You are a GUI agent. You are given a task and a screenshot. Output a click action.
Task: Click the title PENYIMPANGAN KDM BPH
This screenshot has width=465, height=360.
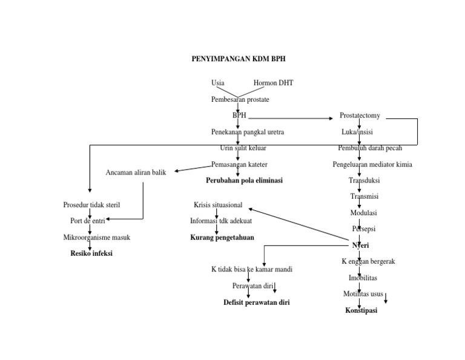coord(238,59)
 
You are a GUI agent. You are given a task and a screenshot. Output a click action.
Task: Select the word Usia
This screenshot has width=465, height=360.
coord(218,83)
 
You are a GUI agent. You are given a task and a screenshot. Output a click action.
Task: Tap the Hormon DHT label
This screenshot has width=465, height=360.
coord(273,83)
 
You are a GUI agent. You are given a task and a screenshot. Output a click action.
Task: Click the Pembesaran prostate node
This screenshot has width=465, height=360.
coord(240,99)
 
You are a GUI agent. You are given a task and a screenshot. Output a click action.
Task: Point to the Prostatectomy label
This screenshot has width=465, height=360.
coord(360,115)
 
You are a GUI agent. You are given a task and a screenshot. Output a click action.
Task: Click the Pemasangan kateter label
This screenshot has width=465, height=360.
coord(239,164)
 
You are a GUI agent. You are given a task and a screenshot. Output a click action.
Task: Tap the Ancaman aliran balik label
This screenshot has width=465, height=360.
coord(136,173)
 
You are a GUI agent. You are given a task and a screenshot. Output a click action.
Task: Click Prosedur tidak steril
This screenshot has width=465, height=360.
coord(91,205)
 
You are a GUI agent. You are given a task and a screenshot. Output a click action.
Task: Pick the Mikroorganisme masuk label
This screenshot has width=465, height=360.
coord(97,238)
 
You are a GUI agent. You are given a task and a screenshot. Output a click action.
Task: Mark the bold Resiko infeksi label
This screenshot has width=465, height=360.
coord(91,253)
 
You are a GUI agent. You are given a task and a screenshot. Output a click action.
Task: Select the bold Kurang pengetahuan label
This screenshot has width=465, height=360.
coord(222,238)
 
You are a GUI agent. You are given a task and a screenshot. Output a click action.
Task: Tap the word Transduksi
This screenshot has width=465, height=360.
coord(364,181)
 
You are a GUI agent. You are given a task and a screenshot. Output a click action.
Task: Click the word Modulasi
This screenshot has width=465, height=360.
coord(364,213)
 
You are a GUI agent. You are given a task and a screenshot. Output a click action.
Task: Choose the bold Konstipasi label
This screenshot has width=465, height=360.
coord(361,311)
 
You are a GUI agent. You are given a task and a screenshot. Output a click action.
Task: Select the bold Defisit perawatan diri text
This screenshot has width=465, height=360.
coord(256,302)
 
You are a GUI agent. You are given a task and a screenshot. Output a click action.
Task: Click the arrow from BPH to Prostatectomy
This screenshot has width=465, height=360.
coord(291,117)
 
